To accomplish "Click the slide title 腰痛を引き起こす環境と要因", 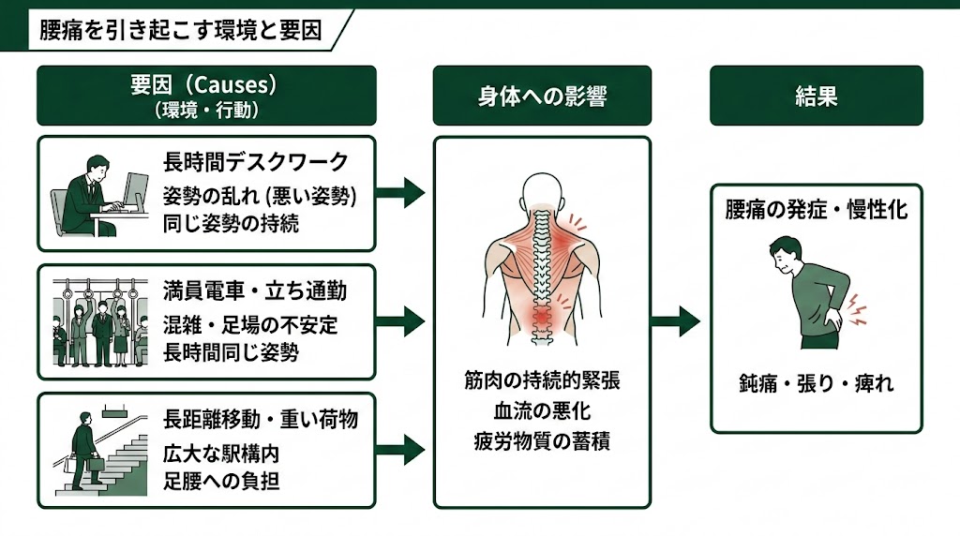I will (180, 30).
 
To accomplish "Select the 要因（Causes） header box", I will (205, 95).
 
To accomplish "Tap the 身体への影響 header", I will (541, 96).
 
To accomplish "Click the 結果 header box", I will (815, 96).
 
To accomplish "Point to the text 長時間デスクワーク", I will (256, 162).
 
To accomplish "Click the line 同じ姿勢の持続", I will (231, 224).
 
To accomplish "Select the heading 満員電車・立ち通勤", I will (255, 290).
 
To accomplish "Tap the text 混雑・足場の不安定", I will (250, 325).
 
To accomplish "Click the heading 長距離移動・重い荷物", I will (261, 418).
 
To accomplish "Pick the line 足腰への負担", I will (221, 482).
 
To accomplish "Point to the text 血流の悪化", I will (542, 410).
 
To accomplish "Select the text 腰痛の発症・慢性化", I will (816, 210).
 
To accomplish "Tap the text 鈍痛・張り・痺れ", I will (816, 384).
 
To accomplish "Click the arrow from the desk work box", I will (400, 194).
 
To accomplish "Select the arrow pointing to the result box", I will (676, 321).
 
